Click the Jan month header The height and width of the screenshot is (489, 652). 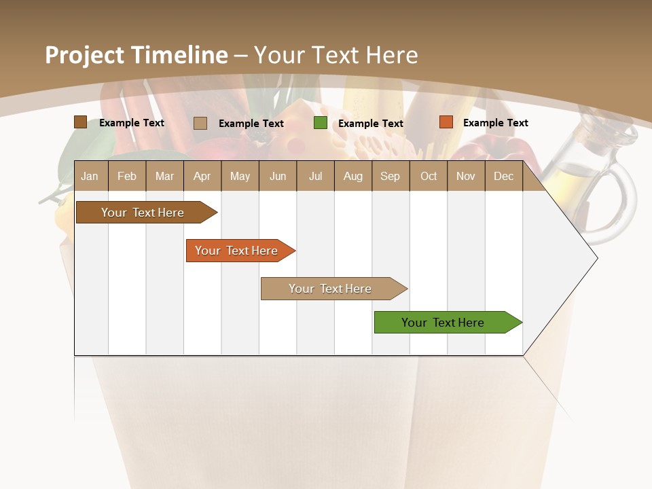pos(90,176)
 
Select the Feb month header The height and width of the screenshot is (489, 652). pos(127,176)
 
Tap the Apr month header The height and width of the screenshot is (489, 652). pos(202,176)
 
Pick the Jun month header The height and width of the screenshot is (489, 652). pos(277,176)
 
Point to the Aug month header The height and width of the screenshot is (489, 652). pos(352,176)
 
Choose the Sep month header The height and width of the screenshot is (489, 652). pos(390,176)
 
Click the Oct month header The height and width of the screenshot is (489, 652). pos(428,176)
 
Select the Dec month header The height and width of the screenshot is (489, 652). pos(503,176)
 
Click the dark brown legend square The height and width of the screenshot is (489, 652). pos(80,122)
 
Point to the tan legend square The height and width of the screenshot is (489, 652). pos(200,123)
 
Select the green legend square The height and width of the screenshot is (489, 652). pos(320,123)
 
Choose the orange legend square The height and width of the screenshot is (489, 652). pos(446,122)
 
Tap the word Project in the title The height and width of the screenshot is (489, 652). pos(86,55)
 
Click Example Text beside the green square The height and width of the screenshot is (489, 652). pos(370,123)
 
